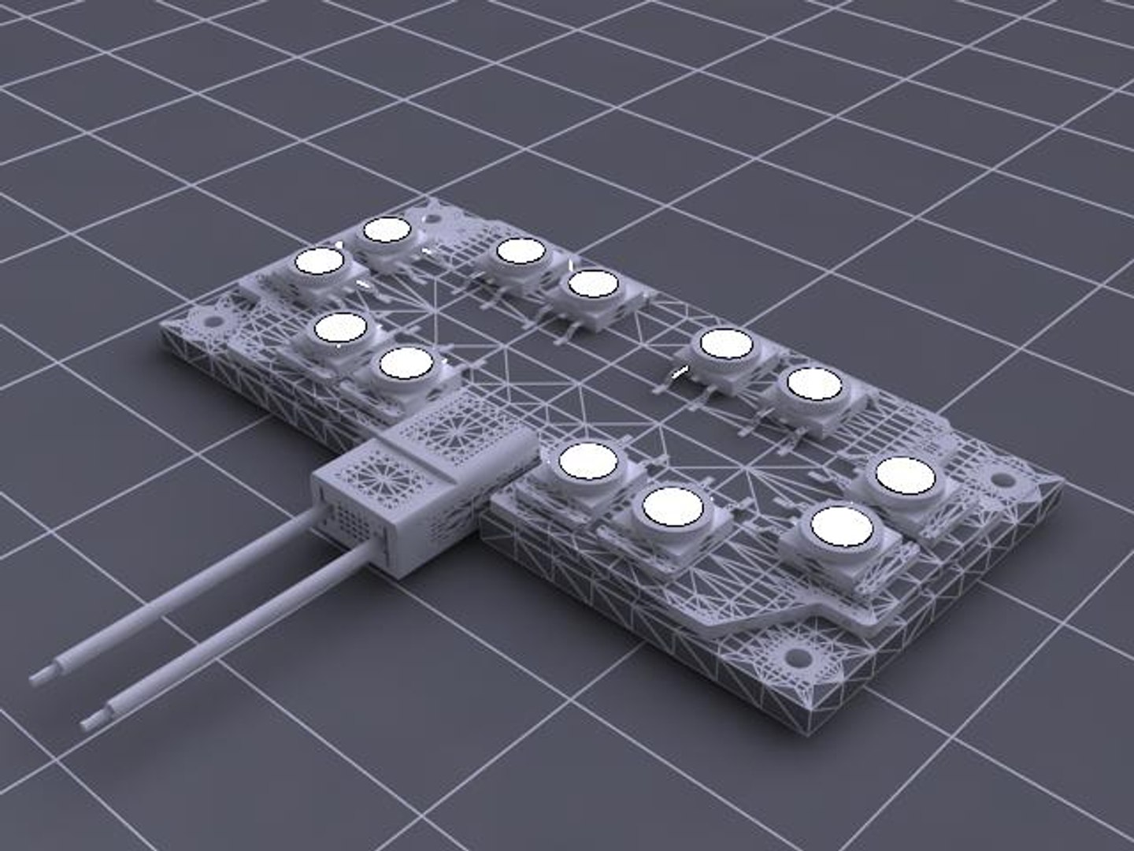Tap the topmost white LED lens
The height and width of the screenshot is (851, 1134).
(x=386, y=230)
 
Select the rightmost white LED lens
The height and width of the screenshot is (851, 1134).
(x=906, y=477)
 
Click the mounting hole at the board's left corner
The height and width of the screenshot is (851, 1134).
(x=212, y=321)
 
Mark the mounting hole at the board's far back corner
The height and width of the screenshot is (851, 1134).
(x=432, y=210)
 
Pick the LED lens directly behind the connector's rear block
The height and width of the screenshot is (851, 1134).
(x=405, y=365)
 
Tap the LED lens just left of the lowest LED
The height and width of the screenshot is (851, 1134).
(x=671, y=506)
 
